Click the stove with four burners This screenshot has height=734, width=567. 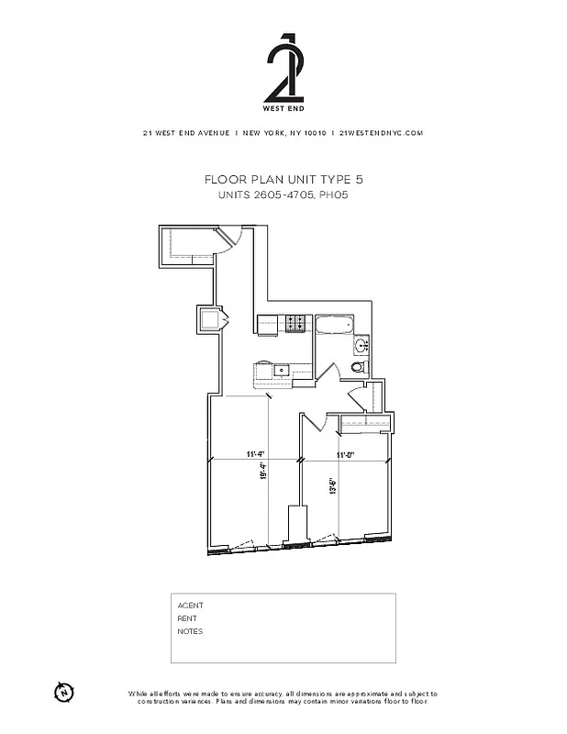pos(296,323)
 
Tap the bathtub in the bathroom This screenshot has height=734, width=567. pos(333,324)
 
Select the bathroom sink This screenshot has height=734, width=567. pos(361,346)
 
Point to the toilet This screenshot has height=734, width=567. pos(359,366)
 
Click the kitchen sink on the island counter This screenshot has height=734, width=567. pos(283,371)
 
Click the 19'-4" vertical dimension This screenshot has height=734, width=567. pos(263,473)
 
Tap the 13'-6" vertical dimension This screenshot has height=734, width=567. pos(333,485)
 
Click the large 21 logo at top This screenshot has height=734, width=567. pos(283,69)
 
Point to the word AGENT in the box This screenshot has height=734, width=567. pos(190,606)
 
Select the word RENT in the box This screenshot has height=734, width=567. pos(187,618)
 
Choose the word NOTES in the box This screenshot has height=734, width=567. pos(190,631)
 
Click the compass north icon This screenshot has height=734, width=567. pos(64,691)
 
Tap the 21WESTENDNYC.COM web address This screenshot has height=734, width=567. pos(381,133)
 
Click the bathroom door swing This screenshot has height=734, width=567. pos(328,371)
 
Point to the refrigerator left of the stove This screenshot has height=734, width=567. pos(268,323)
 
